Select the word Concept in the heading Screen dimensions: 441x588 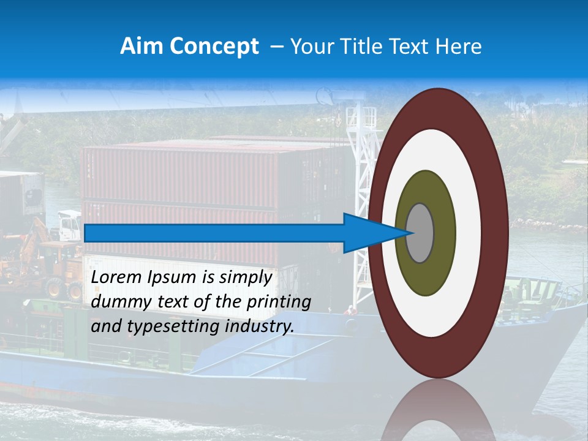(214, 47)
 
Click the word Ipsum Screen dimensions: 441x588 (172, 278)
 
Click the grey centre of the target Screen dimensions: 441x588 (420, 233)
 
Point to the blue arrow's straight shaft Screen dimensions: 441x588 (214, 233)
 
